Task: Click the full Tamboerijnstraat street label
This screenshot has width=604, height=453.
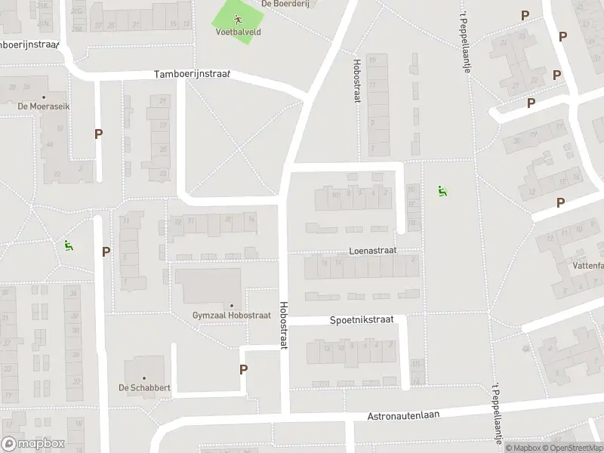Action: click(192, 75)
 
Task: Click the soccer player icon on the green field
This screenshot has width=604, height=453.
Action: click(237, 20)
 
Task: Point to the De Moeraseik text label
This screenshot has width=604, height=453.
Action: click(44, 106)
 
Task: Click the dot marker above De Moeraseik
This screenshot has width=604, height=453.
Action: click(44, 97)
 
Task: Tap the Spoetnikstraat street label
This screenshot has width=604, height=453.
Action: click(362, 320)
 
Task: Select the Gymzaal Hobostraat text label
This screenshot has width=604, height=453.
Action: click(231, 315)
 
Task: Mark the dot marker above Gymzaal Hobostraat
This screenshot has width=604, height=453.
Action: click(231, 305)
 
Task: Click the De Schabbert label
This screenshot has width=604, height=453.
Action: click(143, 388)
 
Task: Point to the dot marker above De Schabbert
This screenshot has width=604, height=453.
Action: click(143, 378)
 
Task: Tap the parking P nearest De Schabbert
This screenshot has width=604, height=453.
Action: click(243, 369)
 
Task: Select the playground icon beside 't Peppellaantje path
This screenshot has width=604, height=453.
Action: click(442, 191)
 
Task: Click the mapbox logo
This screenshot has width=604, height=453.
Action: click(33, 444)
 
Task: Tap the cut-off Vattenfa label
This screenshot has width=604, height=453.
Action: click(587, 266)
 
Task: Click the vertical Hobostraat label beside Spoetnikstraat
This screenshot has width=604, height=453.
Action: click(284, 325)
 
